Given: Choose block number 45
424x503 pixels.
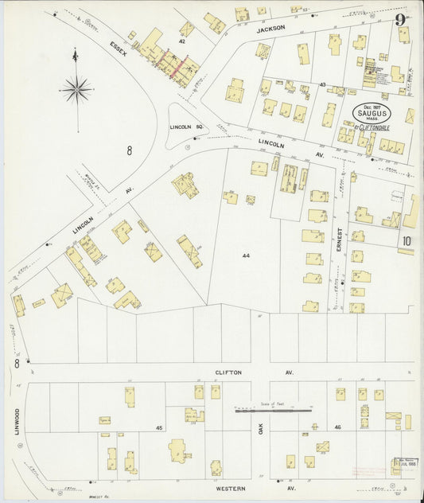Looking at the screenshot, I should pos(159,428).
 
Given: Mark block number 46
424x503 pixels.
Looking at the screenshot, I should pos(336,428).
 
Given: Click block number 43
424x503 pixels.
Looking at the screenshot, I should pos(323,84).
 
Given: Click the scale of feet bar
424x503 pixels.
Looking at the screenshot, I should pos(274,410).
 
